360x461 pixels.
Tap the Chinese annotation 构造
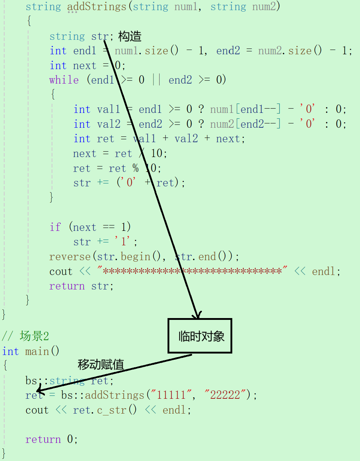pyautogui.click(x=130, y=36)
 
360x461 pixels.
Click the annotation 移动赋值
pyautogui.click(x=101, y=364)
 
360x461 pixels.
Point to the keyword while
pyautogui.click(x=64, y=80)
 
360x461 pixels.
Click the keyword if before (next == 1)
pyautogui.click(x=55, y=227)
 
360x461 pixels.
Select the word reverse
pyautogui.click(x=70, y=257)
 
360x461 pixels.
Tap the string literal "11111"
pyautogui.click(x=171, y=395)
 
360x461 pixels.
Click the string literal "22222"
pyautogui.click(x=225, y=395)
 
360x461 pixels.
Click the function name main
pyautogui.click(x=37, y=351)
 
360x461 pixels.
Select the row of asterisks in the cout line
pyautogui.click(x=192, y=271)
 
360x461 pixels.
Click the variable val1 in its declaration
pyautogui.click(x=109, y=109)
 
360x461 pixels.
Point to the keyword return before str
pyautogui.click(x=67, y=286)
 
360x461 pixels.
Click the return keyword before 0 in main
pyautogui.click(x=43, y=439)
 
